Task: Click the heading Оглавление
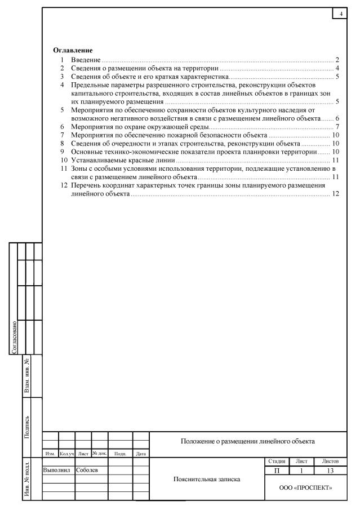click(x=73, y=51)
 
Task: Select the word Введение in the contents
click(x=85, y=59)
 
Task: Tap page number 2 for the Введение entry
click(x=336, y=59)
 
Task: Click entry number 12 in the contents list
click(x=64, y=185)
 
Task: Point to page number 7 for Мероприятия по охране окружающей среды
click(x=336, y=127)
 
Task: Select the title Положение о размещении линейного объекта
click(x=247, y=441)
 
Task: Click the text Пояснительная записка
click(x=208, y=480)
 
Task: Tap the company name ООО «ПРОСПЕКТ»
click(x=307, y=487)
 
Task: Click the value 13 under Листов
click(x=327, y=469)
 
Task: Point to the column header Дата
click(x=141, y=453)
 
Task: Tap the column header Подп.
click(x=119, y=453)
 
